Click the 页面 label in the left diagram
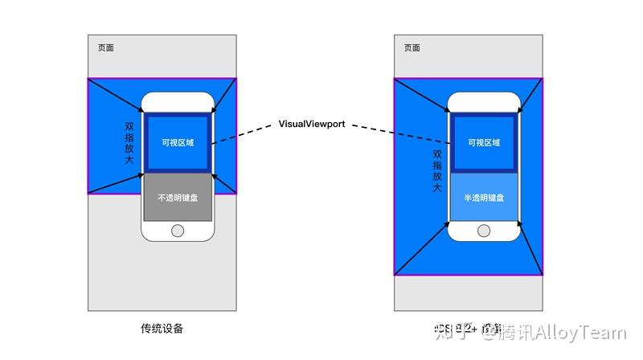[x=106, y=47]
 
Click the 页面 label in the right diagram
[x=412, y=47]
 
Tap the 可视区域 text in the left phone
[x=178, y=142]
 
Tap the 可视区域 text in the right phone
[x=483, y=142]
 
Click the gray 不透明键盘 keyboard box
[x=178, y=198]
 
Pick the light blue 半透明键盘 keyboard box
[x=483, y=198]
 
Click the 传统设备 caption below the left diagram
[x=162, y=329]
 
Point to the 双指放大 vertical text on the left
[x=129, y=143]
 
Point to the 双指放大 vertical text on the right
[x=437, y=170]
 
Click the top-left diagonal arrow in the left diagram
[x=117, y=95]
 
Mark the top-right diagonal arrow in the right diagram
[x=533, y=94]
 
